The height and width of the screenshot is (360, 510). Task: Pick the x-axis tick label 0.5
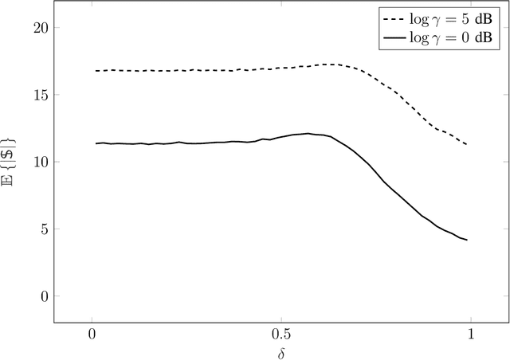280,332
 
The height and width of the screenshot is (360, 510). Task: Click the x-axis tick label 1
470,332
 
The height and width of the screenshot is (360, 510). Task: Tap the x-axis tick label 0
92,332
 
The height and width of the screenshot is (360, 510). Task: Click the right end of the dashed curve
467,145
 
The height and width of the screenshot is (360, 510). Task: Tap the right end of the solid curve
467,240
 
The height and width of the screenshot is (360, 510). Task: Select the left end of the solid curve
96,143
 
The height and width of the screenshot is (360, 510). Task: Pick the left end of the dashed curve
96,71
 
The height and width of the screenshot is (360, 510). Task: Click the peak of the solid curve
308,133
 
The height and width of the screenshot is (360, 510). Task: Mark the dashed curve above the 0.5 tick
280,68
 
